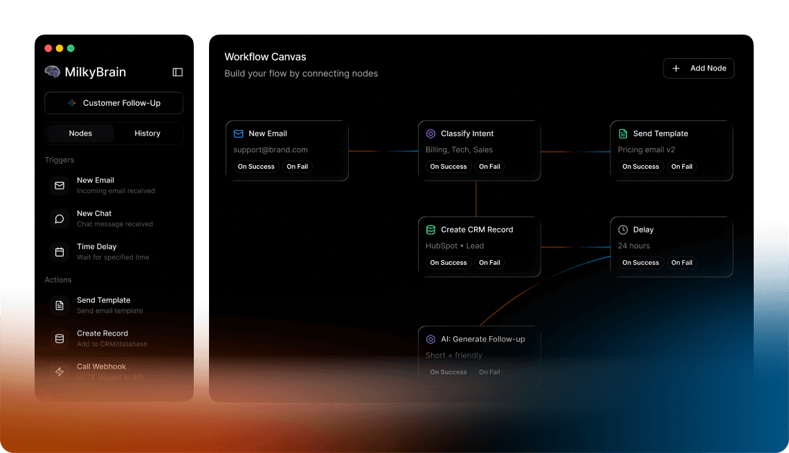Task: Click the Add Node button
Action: coord(698,68)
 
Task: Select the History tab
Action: coord(147,133)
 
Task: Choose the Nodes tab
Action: coord(80,133)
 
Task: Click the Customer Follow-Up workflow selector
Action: coord(114,103)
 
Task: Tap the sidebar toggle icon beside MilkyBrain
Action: coord(177,72)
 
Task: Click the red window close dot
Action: coord(48,48)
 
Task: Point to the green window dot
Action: coord(71,48)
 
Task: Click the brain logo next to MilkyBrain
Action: coord(52,72)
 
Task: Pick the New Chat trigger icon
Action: coord(60,219)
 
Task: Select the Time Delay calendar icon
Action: coord(60,252)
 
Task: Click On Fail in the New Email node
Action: coord(297,167)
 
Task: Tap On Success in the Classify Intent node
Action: coord(448,167)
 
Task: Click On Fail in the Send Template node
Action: coord(681,167)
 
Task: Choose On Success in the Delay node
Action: coord(640,263)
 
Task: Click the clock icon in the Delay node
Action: coord(623,230)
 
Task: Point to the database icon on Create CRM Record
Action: coord(430,230)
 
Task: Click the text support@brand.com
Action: coord(271,149)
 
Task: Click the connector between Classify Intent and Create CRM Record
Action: coord(476,199)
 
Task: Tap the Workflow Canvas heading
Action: coord(265,57)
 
